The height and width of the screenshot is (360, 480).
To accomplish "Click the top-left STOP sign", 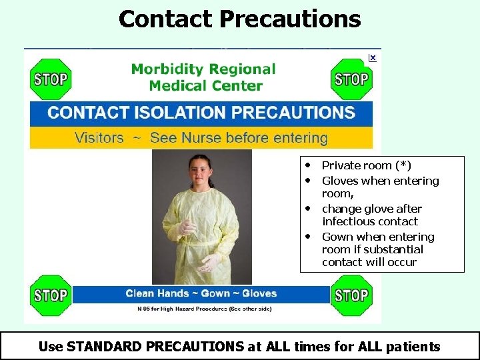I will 50,79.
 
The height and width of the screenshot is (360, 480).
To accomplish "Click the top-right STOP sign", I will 351,79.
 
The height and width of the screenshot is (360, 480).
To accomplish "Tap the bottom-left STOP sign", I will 50,295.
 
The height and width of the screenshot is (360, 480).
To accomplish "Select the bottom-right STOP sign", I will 351,295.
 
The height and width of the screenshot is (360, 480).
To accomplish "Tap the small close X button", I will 372,58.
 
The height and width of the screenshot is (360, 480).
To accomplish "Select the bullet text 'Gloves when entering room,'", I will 380,181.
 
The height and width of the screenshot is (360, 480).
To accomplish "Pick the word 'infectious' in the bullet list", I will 349,221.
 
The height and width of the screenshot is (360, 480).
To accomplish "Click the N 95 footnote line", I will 204,309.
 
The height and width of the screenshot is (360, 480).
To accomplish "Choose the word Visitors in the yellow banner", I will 99,138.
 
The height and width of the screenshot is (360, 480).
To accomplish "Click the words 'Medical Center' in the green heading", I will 205,85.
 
